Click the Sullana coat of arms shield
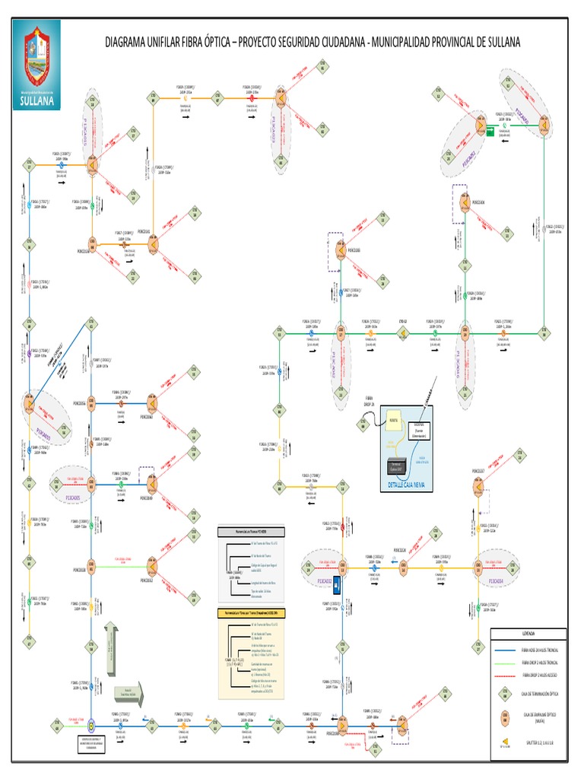(36, 57)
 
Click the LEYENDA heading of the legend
(528, 633)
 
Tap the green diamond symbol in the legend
(503, 692)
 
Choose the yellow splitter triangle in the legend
(503, 740)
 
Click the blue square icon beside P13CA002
(341, 585)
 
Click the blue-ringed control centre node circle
(90, 726)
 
